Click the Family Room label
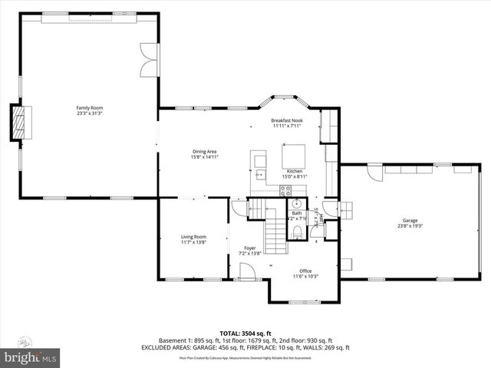pos(89,108)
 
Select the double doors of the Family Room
pos(148,60)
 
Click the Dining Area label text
pos(205,151)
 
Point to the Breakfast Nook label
pos(288,121)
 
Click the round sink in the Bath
pos(295,205)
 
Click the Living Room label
pos(193,237)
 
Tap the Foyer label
pos(250,248)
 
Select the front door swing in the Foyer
pos(248,270)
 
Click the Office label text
pos(305,271)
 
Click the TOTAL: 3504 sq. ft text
pos(245,333)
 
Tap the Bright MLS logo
pos(31,357)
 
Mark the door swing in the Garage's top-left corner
pos(374,172)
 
